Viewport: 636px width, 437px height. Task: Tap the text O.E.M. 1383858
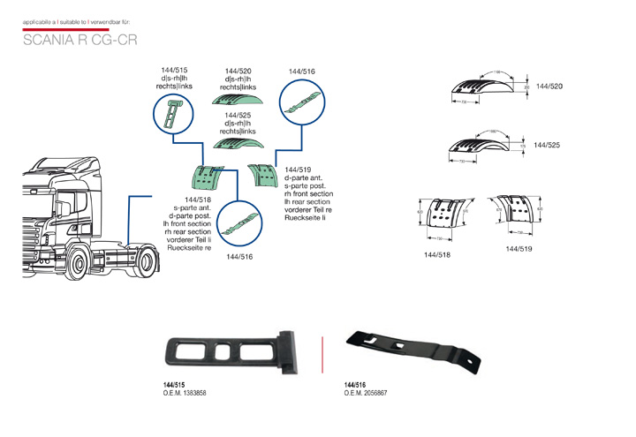185,394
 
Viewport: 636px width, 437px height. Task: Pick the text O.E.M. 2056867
365,394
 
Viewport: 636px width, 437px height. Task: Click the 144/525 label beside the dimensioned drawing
549,144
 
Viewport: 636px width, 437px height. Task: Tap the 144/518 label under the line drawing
438,255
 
